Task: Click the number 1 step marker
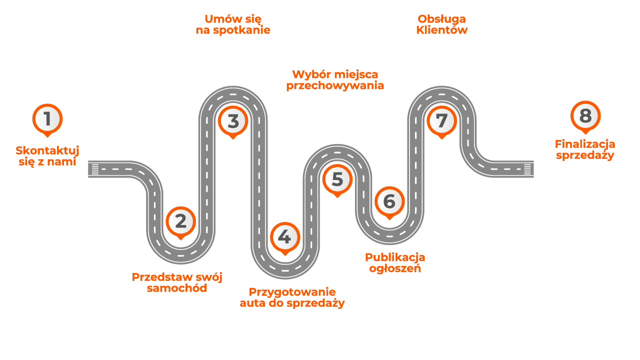(47, 119)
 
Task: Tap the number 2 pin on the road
(180, 221)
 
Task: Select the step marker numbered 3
(233, 121)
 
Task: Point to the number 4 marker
(284, 237)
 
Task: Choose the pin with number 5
(337, 179)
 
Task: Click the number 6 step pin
(389, 201)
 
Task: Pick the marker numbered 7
(441, 120)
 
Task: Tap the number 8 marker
(585, 116)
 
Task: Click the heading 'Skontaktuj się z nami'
(47, 156)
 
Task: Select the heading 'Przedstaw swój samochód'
(177, 282)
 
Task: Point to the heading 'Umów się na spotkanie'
(233, 24)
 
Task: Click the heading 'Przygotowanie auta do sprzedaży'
(292, 297)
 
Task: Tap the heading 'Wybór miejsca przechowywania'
(335, 80)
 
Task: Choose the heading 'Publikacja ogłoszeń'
(395, 263)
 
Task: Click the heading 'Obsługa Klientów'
(441, 24)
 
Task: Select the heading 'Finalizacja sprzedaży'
(585, 149)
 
